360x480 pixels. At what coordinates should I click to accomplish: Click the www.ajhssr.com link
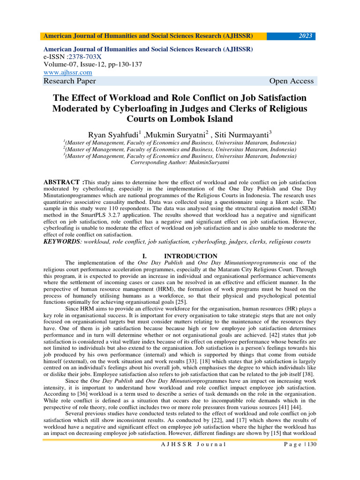67,72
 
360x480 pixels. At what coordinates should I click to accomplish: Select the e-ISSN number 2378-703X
90,57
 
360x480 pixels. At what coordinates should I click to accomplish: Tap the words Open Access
291,81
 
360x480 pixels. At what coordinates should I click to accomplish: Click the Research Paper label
69,81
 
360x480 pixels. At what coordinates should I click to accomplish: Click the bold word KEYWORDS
62,241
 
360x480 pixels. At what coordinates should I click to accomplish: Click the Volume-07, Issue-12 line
93,65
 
